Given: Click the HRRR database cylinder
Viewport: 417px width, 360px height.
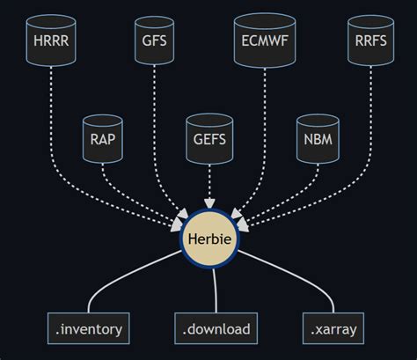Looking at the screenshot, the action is click(x=51, y=40).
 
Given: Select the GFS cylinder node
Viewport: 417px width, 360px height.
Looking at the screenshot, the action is click(x=154, y=40).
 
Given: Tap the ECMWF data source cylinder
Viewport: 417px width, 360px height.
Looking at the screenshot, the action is click(x=265, y=40).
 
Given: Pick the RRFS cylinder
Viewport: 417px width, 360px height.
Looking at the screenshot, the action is click(x=370, y=40).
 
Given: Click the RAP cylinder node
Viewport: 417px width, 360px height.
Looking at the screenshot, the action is click(x=103, y=139).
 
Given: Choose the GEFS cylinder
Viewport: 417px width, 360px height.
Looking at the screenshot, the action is click(x=209, y=139).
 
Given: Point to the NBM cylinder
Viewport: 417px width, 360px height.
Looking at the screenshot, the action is click(x=318, y=139).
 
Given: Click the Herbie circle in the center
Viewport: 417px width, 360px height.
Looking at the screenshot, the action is click(x=209, y=239).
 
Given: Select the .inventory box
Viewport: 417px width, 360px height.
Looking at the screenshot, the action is click(x=89, y=328).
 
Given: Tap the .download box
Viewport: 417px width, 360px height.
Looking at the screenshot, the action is click(x=216, y=328).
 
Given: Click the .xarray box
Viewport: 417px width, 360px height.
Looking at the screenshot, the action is click(x=333, y=328).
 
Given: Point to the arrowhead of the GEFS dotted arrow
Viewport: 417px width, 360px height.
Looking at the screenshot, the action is click(x=209, y=203).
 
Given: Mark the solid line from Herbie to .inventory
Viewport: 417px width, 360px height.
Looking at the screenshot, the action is click(x=123, y=276).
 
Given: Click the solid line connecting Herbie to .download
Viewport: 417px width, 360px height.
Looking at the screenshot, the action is click(x=216, y=290).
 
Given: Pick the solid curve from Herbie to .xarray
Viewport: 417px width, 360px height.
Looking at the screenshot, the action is click(x=296, y=276).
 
